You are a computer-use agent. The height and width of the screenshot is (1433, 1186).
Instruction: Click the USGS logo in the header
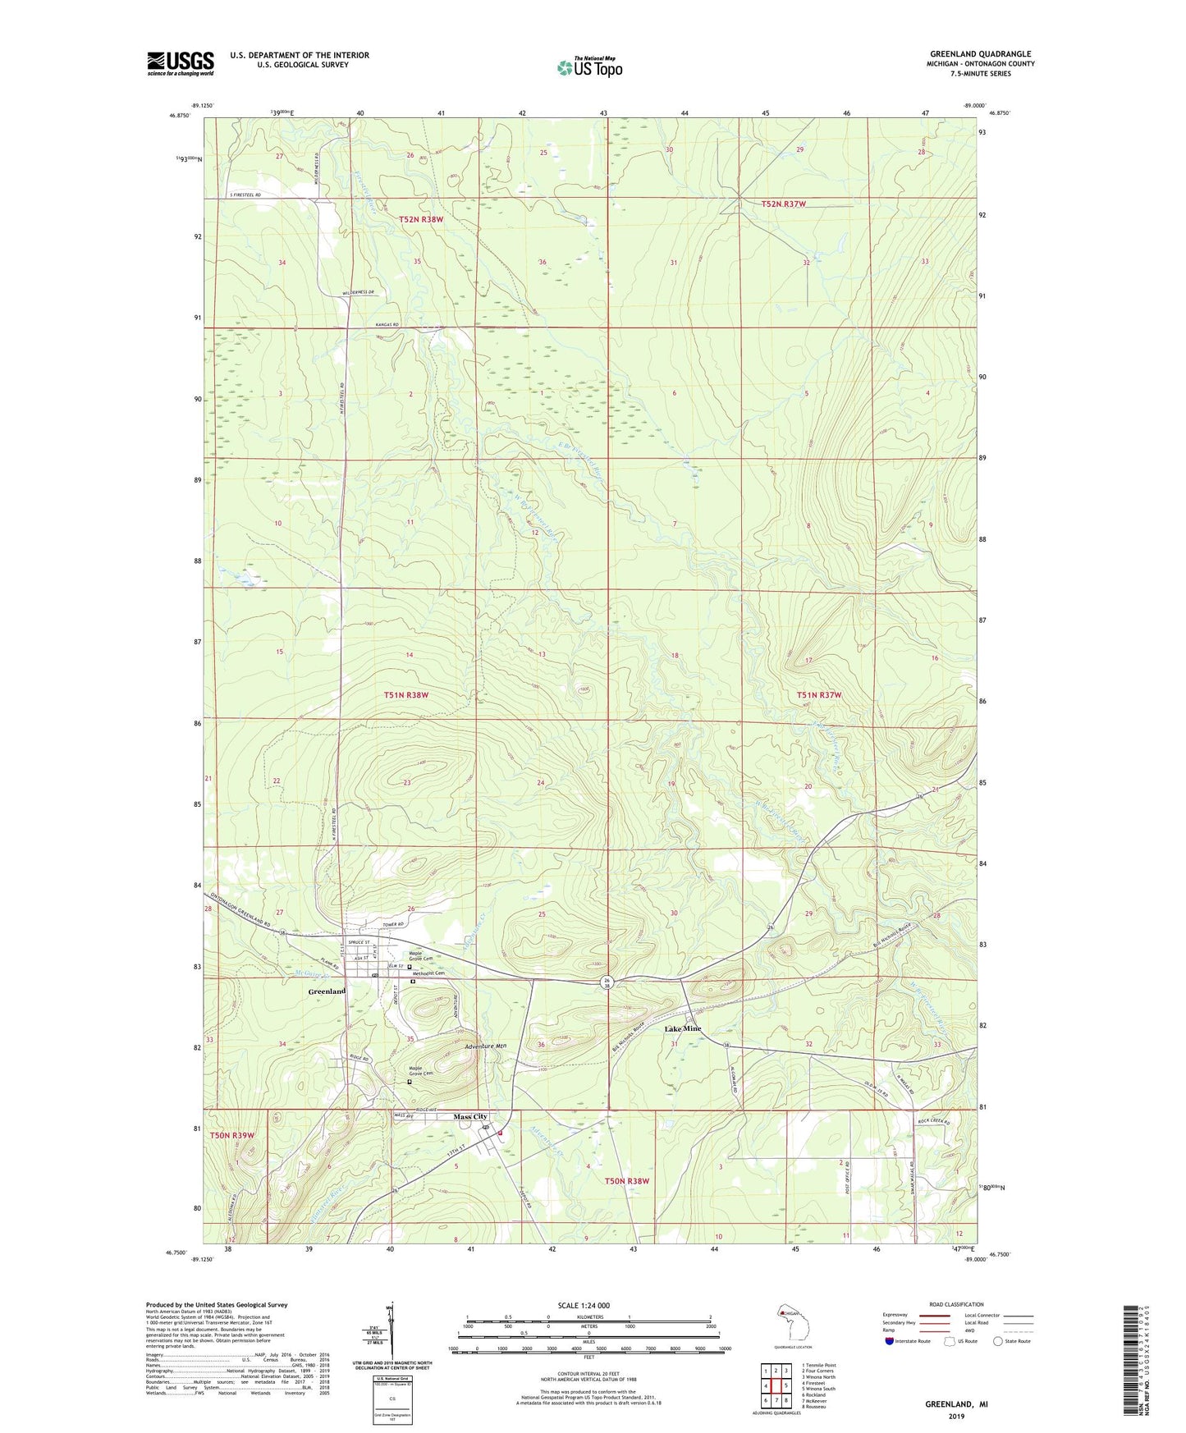(181, 63)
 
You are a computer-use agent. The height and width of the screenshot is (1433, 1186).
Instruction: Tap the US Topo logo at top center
(589, 67)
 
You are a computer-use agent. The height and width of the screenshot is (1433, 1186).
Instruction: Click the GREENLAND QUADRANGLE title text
(980, 54)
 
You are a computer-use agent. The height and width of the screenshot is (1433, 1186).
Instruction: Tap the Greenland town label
(327, 991)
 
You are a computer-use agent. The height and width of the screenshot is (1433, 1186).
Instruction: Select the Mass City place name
(471, 1117)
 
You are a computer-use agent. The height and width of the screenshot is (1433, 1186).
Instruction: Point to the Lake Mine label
(683, 1028)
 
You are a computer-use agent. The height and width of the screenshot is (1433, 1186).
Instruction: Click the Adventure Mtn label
(486, 1047)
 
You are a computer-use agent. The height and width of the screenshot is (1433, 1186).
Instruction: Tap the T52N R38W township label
(421, 219)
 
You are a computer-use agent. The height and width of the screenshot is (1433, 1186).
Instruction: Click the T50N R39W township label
(232, 1135)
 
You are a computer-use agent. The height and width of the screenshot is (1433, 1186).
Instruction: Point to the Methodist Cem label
(427, 973)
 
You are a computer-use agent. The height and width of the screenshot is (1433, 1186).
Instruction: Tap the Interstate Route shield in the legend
(891, 1341)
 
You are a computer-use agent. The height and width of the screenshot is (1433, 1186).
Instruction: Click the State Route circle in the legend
(998, 1341)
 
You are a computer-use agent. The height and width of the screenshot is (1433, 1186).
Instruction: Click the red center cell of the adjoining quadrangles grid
(776, 1385)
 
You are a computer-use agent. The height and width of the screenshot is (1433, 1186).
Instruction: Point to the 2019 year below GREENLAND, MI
(956, 1416)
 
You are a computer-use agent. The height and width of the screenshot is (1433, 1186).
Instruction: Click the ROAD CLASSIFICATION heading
(956, 1304)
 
